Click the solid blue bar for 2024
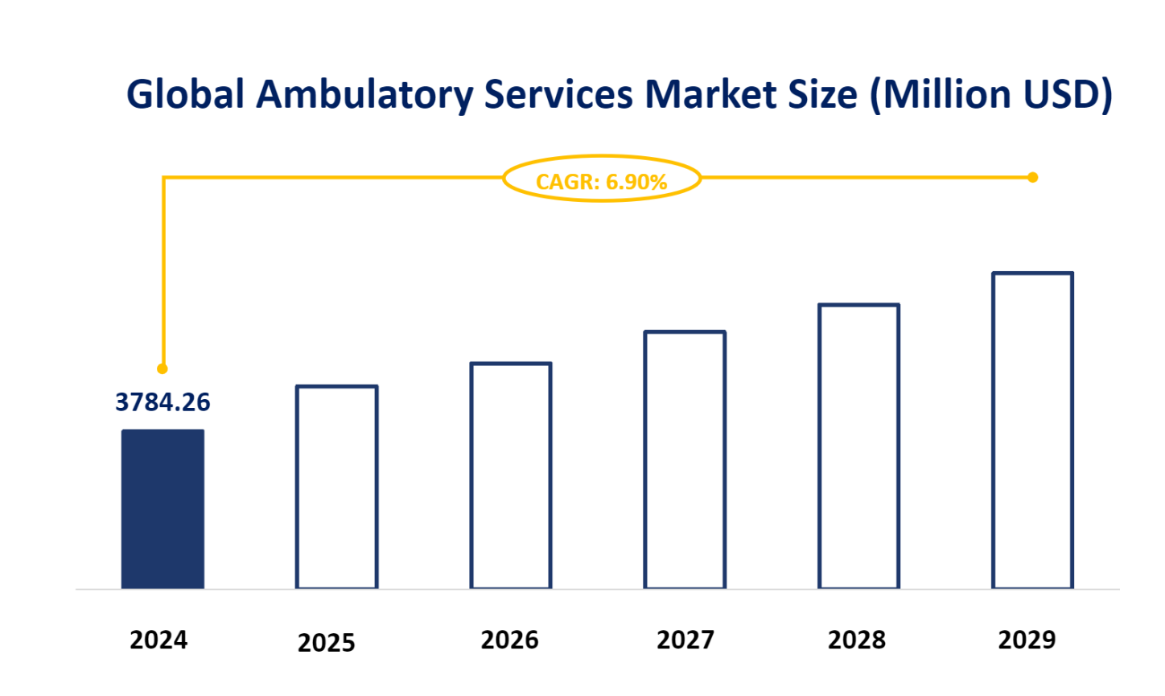(x=163, y=509)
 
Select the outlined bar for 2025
(x=336, y=487)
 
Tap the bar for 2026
(x=511, y=476)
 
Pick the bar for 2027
(x=685, y=459)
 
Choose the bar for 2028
(x=858, y=446)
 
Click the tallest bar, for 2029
(x=1032, y=430)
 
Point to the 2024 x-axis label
(x=158, y=640)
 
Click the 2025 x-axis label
(x=326, y=643)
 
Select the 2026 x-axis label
(x=509, y=640)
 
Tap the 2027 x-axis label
(x=685, y=640)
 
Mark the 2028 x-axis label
(x=857, y=640)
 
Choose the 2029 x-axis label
(x=1027, y=640)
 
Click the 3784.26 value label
(x=163, y=402)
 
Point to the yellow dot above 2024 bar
(x=163, y=369)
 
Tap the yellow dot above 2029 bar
(x=1033, y=177)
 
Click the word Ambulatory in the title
(x=365, y=95)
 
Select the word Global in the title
(x=185, y=95)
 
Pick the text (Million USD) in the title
(x=991, y=95)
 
